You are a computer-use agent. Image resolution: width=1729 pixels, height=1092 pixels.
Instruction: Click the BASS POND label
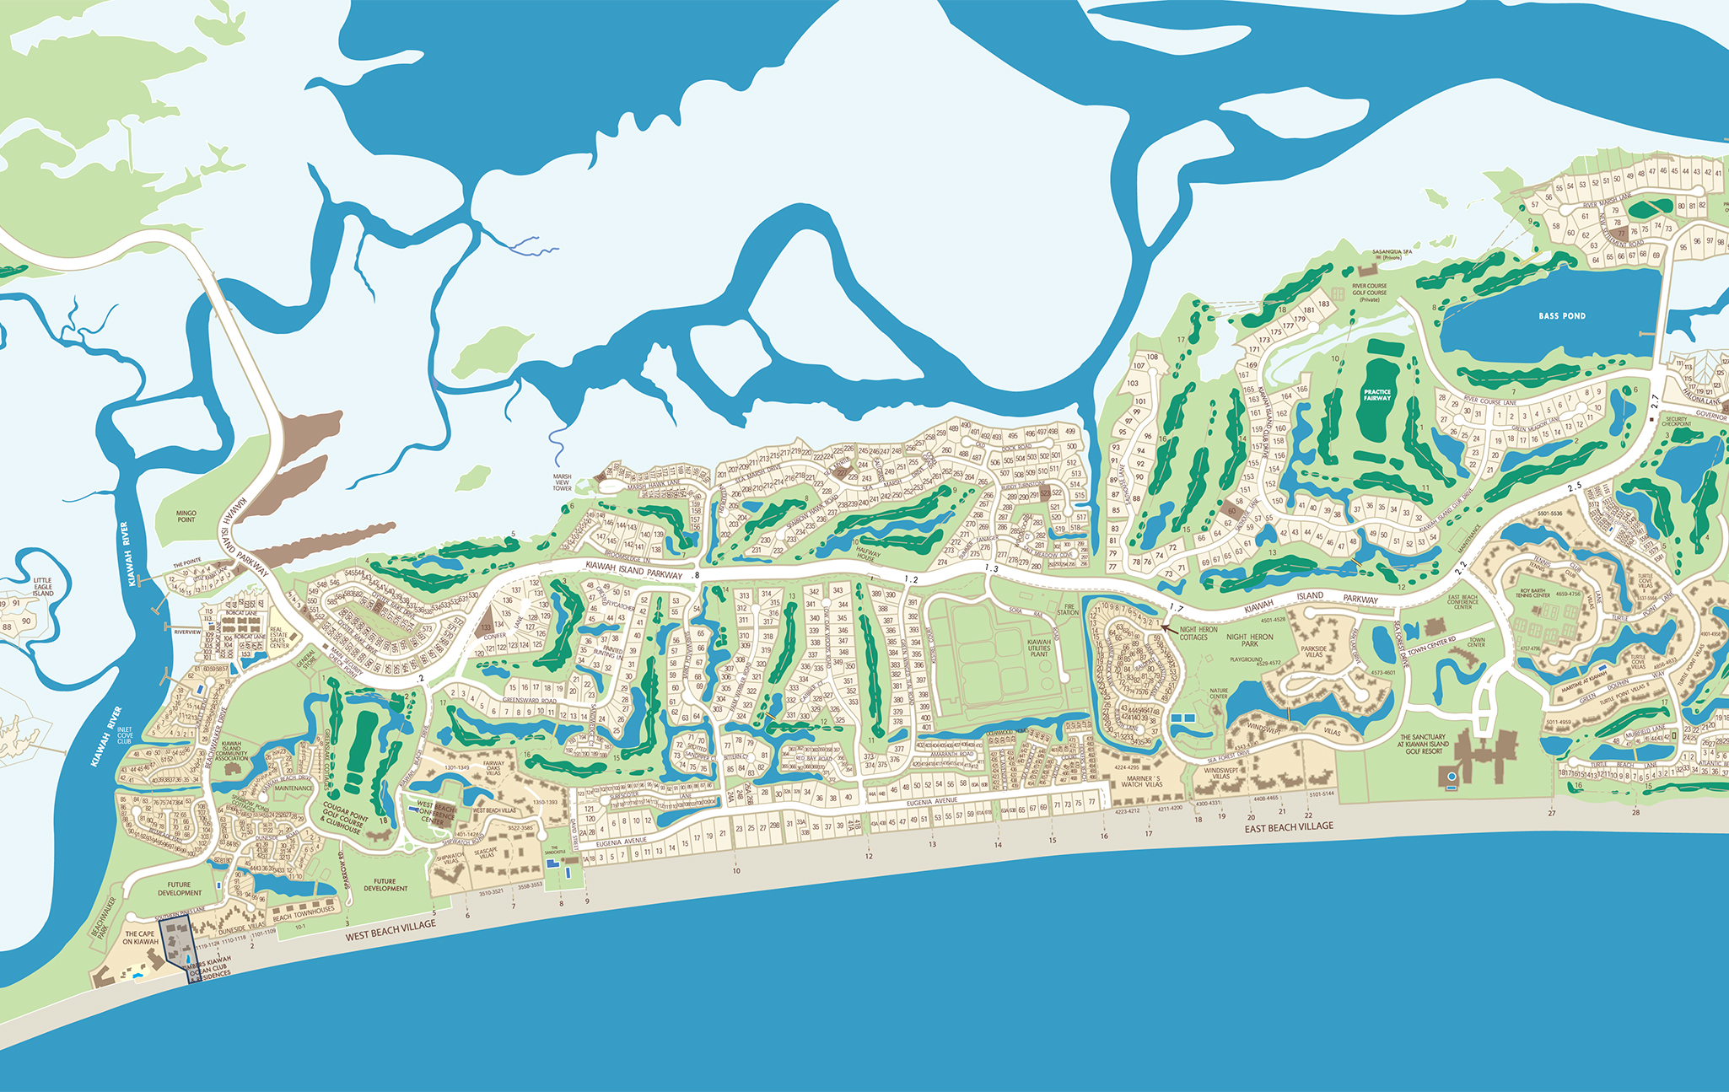tap(1562, 316)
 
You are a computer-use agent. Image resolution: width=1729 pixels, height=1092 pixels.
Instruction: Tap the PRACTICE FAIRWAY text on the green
tap(1377, 395)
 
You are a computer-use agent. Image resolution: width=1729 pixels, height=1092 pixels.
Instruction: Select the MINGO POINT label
tap(186, 516)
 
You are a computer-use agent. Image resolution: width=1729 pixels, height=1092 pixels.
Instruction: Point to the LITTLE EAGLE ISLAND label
tap(42, 587)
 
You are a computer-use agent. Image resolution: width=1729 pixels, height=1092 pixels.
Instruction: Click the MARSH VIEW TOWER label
tap(562, 482)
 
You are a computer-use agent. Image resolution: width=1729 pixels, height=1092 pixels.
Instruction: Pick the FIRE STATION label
tap(1068, 610)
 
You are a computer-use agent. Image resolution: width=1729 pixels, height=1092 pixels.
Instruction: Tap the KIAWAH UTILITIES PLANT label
tap(1039, 648)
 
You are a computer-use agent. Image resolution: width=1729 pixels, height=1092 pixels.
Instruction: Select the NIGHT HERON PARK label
tap(1250, 640)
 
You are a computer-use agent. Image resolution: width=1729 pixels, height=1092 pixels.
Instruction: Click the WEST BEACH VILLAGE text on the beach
tap(391, 931)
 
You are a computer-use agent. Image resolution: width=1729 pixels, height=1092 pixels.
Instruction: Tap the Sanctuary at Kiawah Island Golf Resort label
tap(1423, 744)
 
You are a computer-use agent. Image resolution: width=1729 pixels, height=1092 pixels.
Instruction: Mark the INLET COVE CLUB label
tap(125, 735)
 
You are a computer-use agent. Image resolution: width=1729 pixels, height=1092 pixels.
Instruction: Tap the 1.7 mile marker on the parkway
tap(1176, 608)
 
